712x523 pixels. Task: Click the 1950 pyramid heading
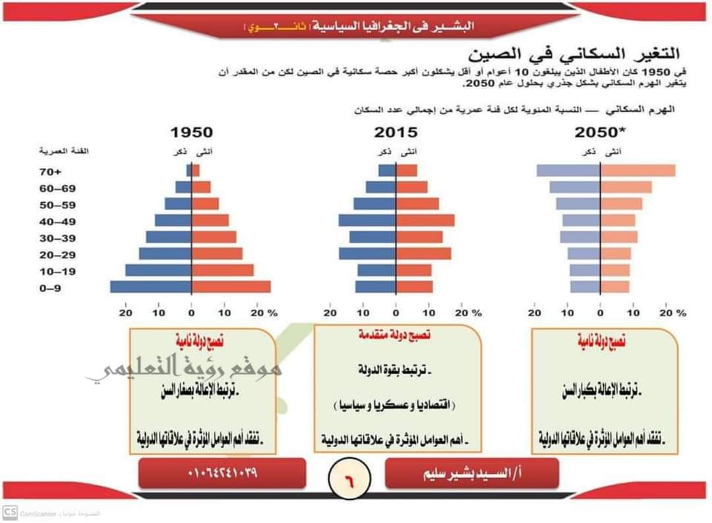click(191, 132)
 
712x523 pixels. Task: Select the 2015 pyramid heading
click(396, 132)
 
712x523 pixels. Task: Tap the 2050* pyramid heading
click(599, 132)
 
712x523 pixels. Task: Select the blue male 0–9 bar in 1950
click(151, 287)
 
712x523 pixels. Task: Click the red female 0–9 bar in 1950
click(231, 287)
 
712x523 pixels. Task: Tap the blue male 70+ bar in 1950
click(189, 171)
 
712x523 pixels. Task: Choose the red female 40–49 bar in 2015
click(425, 220)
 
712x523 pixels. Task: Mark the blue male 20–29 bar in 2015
click(367, 253)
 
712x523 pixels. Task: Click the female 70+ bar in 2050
click(638, 171)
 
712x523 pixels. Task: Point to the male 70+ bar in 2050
click(568, 171)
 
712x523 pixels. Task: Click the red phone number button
click(222, 473)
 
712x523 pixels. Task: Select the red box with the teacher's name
click(471, 473)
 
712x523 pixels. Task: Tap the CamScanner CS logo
click(10, 512)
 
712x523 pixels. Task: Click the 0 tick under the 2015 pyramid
click(396, 314)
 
